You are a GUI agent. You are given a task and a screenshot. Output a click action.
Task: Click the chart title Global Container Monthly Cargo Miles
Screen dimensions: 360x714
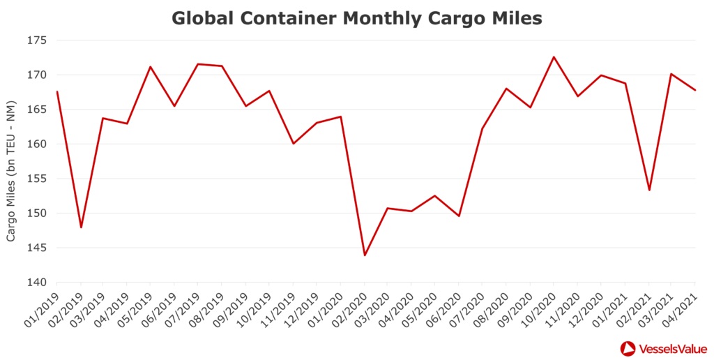(356, 18)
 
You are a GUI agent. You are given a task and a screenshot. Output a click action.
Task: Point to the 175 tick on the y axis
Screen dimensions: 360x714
(37, 40)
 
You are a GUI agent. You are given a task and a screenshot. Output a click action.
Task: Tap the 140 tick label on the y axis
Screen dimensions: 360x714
(37, 283)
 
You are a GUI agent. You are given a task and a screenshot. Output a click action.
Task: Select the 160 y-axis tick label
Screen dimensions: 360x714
(37, 144)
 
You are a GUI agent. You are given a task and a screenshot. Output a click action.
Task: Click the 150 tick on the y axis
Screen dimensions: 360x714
(37, 213)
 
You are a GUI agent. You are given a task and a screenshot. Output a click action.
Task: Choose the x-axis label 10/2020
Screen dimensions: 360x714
(540, 304)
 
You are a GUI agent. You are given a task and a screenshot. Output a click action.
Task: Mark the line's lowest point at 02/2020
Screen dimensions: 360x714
(364, 255)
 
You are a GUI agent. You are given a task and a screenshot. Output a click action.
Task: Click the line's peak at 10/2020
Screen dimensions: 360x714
(554, 57)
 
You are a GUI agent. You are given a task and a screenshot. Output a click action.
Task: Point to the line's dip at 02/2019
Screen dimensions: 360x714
(81, 227)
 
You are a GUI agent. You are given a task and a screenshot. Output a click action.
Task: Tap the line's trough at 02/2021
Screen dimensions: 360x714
(648, 190)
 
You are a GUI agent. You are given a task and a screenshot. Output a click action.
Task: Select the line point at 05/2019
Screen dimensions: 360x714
(151, 67)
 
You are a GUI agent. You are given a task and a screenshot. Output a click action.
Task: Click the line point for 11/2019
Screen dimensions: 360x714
(293, 144)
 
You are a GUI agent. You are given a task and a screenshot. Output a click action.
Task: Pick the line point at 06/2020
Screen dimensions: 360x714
(459, 216)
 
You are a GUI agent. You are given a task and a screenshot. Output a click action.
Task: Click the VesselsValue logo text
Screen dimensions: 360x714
(670, 347)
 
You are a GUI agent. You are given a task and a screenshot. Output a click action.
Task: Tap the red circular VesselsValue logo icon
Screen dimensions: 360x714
(628, 347)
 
